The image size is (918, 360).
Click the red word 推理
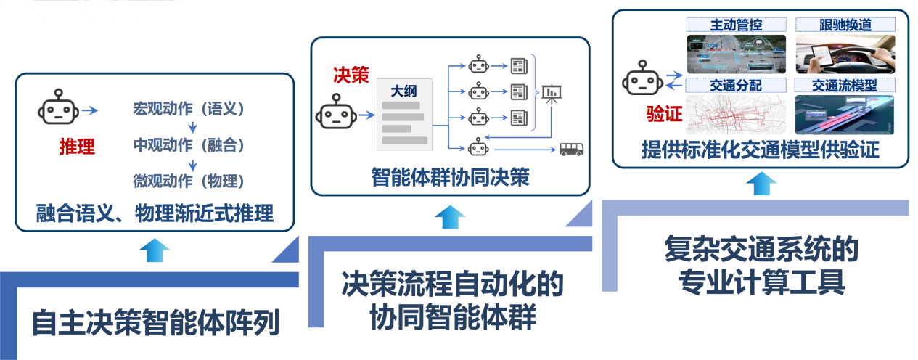point(77,147)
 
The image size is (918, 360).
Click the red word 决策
point(351,75)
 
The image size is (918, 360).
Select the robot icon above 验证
point(642,76)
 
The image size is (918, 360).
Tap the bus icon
point(571,150)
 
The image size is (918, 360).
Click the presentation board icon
point(553,93)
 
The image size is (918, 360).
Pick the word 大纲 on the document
point(404,91)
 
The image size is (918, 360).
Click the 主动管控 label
point(737,24)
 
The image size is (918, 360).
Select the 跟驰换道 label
point(844,24)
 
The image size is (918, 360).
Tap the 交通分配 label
point(737,85)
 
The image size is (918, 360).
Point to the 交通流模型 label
point(844,85)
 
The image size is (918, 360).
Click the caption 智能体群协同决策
point(450,177)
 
